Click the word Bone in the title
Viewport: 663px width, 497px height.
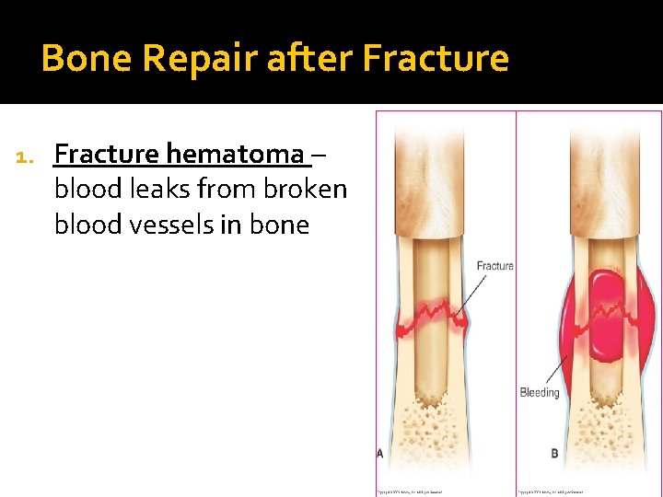tap(87, 58)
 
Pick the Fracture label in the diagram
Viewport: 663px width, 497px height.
tap(494, 266)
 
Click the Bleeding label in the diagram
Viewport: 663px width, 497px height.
tap(539, 392)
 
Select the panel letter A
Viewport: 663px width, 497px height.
tap(380, 453)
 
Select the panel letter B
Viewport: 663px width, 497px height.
tap(554, 453)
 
